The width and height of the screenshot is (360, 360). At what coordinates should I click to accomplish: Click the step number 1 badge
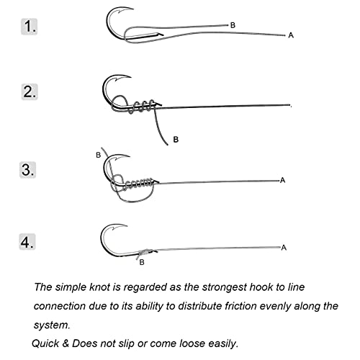tap(29, 26)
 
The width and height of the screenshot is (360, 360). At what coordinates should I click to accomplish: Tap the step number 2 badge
tap(30, 91)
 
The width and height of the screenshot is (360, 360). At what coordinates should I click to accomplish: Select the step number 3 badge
tap(27, 170)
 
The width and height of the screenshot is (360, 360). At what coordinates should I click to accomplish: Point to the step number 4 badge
tap(27, 242)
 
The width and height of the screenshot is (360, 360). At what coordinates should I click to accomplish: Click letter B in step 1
tap(233, 25)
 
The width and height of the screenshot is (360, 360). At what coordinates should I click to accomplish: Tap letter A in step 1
tap(291, 35)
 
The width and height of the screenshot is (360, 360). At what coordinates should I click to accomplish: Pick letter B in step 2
tap(176, 140)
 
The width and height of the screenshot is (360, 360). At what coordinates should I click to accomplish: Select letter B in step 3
tap(98, 155)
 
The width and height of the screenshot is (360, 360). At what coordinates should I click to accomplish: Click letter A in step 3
tap(282, 180)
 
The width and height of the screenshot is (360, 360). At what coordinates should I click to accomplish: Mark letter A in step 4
tap(284, 248)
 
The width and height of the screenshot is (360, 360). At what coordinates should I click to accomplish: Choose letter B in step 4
tap(142, 262)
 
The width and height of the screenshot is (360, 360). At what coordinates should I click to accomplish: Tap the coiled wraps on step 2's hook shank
tap(142, 106)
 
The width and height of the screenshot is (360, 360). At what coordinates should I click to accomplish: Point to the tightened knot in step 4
tap(145, 252)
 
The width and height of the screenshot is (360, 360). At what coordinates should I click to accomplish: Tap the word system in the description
tap(52, 325)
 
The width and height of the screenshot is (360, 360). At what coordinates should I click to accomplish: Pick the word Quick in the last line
tap(45, 343)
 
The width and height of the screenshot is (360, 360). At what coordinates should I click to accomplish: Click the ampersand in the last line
tap(66, 343)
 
